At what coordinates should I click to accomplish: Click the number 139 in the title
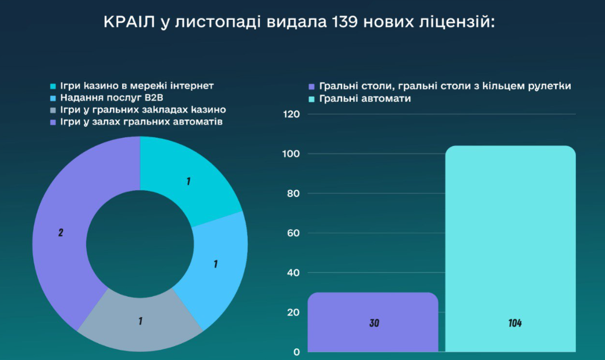pos(344,22)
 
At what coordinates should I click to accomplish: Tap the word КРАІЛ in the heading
pos(129,22)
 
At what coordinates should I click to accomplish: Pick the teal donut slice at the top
pos(185,177)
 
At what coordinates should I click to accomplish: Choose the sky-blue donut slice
pos(215,266)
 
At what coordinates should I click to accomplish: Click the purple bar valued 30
pos(373,322)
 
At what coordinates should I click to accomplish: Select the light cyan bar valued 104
pos(511,249)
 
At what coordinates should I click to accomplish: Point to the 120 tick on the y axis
pos(291,114)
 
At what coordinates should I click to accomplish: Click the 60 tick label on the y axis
pos(293,233)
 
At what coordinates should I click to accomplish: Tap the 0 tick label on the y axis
pos(296,352)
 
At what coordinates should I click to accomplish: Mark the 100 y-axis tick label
pos(291,154)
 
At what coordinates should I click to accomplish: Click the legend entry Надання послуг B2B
pos(107,98)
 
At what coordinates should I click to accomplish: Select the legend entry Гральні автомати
pos(360,99)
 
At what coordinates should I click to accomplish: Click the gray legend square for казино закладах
pos(54,111)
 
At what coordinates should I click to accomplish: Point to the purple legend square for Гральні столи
pos(312,87)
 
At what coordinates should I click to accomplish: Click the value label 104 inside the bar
pos(515,323)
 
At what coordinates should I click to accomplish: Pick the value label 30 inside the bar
pos(374,323)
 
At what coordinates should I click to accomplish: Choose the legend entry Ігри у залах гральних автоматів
pos(136,122)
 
